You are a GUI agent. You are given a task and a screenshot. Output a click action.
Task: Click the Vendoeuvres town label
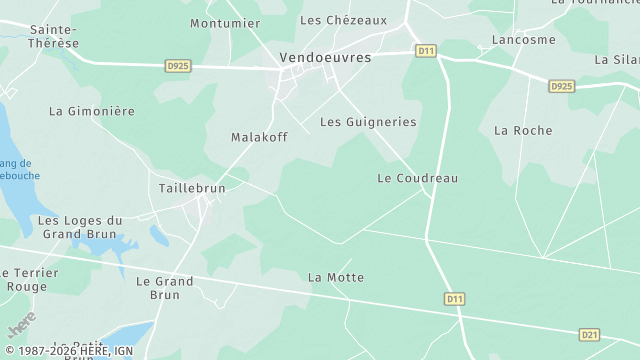(325, 58)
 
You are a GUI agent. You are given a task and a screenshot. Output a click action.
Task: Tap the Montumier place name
(225, 23)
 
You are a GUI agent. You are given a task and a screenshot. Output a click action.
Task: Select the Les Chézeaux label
(343, 20)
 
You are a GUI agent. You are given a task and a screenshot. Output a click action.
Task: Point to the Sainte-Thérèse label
(53, 37)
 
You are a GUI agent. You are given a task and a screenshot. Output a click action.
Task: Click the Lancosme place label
(523, 40)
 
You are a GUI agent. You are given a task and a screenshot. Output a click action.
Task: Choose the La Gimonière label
(91, 111)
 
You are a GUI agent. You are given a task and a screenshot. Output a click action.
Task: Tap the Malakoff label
(259, 137)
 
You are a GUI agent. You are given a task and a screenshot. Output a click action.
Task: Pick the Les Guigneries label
(368, 122)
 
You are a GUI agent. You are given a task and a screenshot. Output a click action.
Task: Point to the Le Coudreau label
(417, 178)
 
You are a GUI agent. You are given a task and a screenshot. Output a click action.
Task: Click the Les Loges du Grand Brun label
(80, 227)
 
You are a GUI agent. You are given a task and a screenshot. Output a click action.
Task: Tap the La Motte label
(336, 277)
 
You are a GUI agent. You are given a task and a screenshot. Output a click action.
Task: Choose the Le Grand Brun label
(165, 288)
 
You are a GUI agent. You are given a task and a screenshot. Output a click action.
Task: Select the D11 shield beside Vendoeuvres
(427, 50)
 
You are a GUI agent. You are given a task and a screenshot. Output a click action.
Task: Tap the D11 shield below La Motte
(455, 298)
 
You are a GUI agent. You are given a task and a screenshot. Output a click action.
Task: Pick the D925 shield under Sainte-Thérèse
(178, 66)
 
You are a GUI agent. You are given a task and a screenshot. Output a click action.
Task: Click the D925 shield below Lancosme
(562, 87)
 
